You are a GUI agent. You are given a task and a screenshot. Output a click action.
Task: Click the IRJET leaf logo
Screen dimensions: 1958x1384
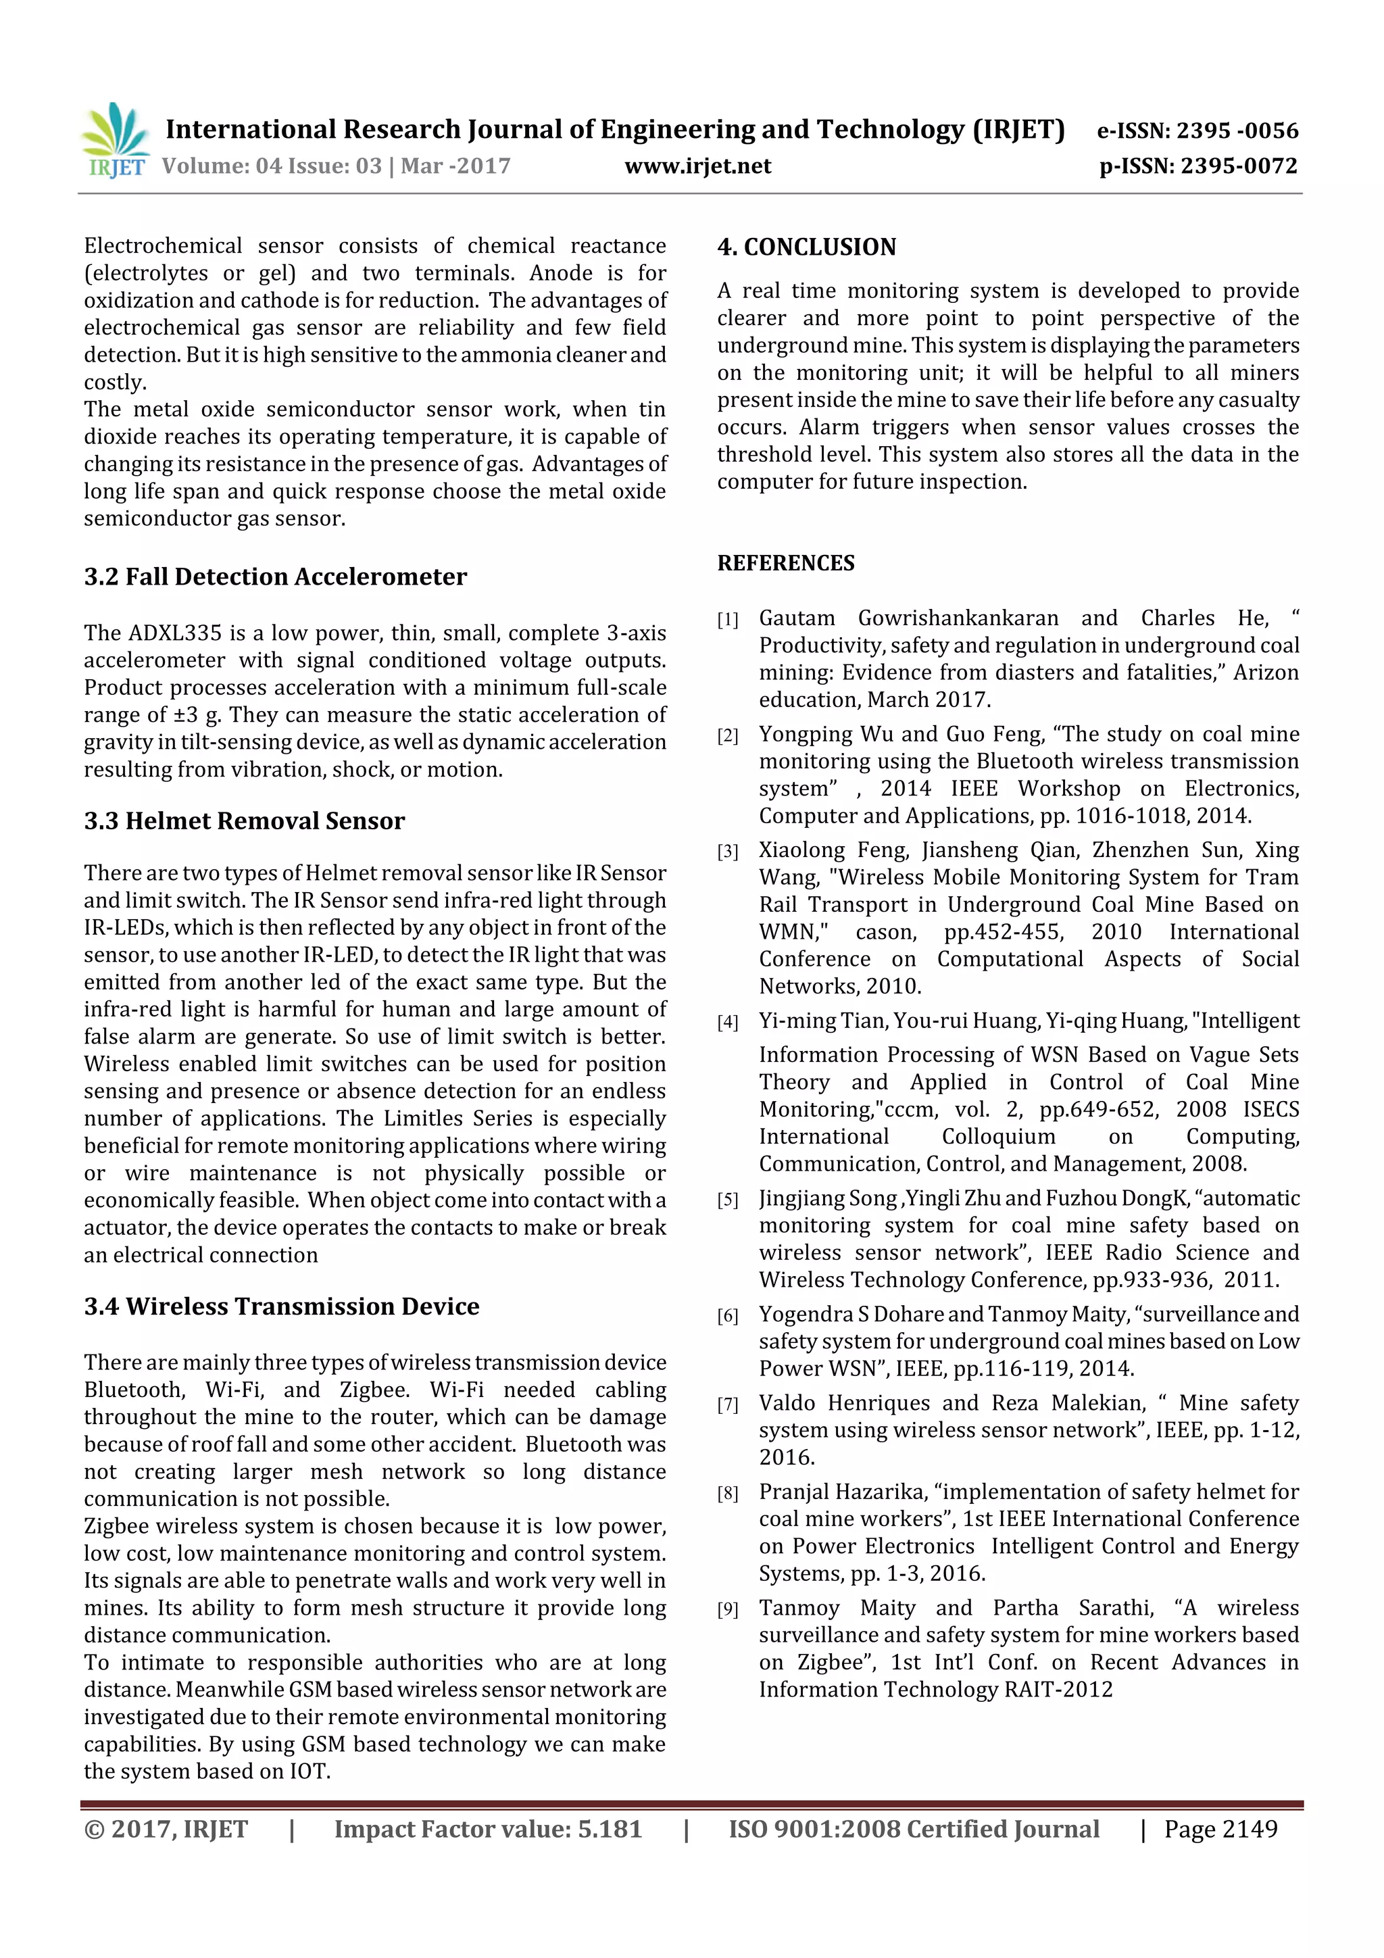tap(115, 137)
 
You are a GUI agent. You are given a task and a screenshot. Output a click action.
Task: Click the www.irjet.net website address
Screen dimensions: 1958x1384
tap(697, 166)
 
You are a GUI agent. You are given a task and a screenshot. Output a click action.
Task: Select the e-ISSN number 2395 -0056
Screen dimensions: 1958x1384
tap(1237, 131)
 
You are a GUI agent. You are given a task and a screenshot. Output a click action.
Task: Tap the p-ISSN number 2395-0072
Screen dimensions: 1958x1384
tap(1238, 166)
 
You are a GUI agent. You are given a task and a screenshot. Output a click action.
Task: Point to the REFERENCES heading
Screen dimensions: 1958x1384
tap(785, 563)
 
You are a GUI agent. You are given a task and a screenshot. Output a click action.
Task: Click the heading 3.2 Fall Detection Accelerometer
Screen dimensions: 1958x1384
tap(274, 577)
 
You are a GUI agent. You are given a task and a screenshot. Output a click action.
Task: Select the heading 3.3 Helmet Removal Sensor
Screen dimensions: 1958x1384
tap(244, 821)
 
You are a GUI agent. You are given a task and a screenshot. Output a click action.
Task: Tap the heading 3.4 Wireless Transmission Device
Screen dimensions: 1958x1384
tap(281, 1306)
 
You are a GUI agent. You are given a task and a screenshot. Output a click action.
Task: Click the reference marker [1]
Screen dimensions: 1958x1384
tap(727, 620)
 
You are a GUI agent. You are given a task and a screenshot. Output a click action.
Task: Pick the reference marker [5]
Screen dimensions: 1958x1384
tap(727, 1200)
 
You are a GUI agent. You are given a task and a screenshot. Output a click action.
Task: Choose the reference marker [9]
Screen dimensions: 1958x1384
tap(727, 1609)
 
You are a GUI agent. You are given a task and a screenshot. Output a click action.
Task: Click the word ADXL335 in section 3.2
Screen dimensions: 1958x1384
tap(169, 633)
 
